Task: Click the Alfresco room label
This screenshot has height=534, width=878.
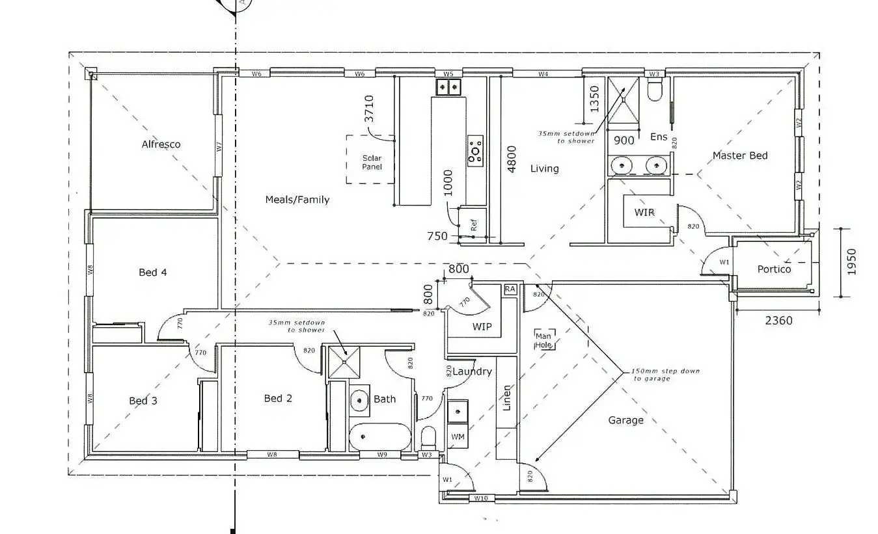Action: tap(161, 144)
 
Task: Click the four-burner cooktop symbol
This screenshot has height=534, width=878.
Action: tap(475, 150)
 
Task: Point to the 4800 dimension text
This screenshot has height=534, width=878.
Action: tap(512, 158)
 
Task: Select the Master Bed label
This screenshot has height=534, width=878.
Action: tap(739, 155)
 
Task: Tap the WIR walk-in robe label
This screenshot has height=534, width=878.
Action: tap(644, 213)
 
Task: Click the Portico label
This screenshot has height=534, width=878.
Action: tap(774, 269)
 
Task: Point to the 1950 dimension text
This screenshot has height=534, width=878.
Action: tap(852, 261)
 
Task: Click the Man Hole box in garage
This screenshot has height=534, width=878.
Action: tap(544, 340)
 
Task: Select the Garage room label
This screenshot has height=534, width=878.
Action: tap(625, 420)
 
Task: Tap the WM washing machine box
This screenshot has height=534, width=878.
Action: tap(458, 436)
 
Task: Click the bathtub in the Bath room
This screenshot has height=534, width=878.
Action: tap(379, 437)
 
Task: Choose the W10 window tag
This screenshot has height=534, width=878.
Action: tap(481, 499)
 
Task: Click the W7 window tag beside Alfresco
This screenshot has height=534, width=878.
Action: tap(219, 148)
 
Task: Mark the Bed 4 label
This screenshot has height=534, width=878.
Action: tap(152, 272)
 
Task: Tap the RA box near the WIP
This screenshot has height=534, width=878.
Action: tap(510, 289)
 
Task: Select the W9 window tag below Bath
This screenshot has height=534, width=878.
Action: tap(383, 455)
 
